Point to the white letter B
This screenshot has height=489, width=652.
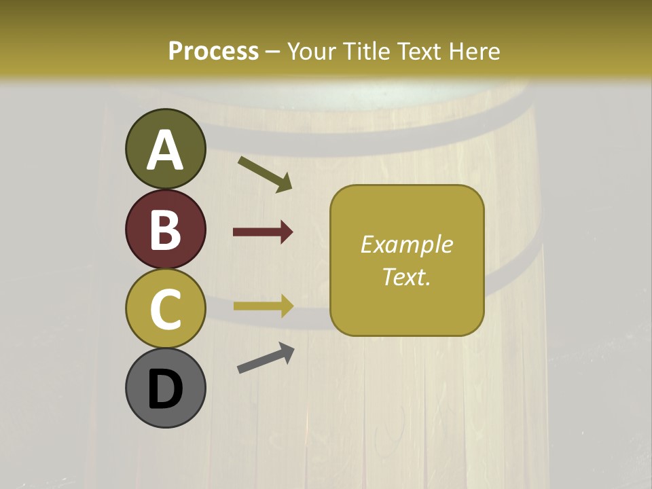coord(165,230)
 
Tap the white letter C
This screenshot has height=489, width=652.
coord(165,309)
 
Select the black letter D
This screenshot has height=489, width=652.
coord(165,388)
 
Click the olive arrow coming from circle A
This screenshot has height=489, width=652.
coord(265,174)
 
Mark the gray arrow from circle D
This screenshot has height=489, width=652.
coord(266,358)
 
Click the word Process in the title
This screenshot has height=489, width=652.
coord(213,51)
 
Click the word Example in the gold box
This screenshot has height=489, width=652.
coord(407,244)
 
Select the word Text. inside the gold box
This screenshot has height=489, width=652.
coord(407,276)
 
